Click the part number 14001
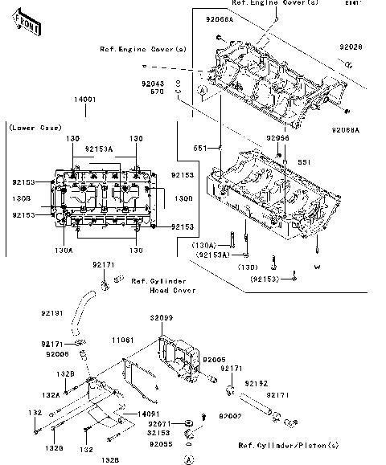[86, 99]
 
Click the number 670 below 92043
[158, 92]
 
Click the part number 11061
[122, 341]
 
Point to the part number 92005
[213, 361]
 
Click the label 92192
[256, 385]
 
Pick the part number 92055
[159, 444]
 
